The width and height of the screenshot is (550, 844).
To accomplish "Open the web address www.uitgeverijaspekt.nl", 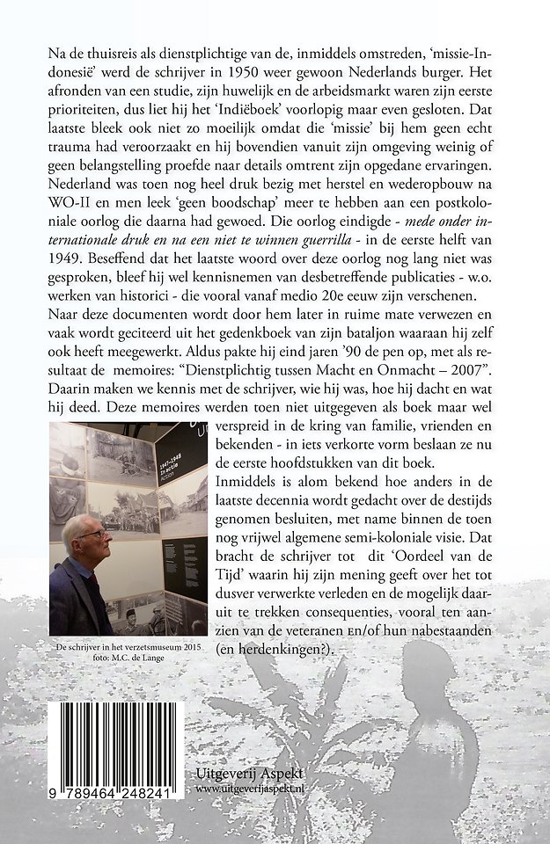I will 255,789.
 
